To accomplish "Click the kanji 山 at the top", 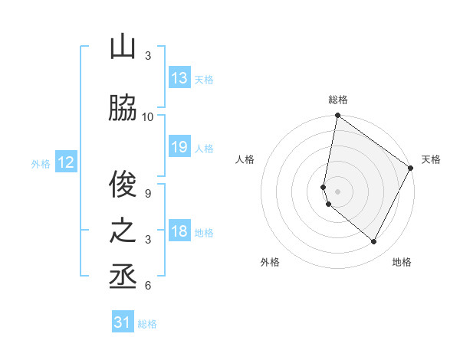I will (123, 47).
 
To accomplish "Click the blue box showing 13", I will (179, 78).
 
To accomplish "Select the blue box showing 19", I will (179, 147).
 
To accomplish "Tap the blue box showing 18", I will (179, 231).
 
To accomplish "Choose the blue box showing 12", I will (66, 162).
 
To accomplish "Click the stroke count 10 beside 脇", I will (148, 116).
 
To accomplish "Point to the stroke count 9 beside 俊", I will (148, 193).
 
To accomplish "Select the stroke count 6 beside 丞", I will (148, 286).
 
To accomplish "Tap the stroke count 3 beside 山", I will (148, 56).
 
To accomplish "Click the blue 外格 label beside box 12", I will (41, 163).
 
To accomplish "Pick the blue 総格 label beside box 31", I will (147, 324).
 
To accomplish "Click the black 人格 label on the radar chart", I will (245, 159).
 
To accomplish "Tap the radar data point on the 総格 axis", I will (337, 116).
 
